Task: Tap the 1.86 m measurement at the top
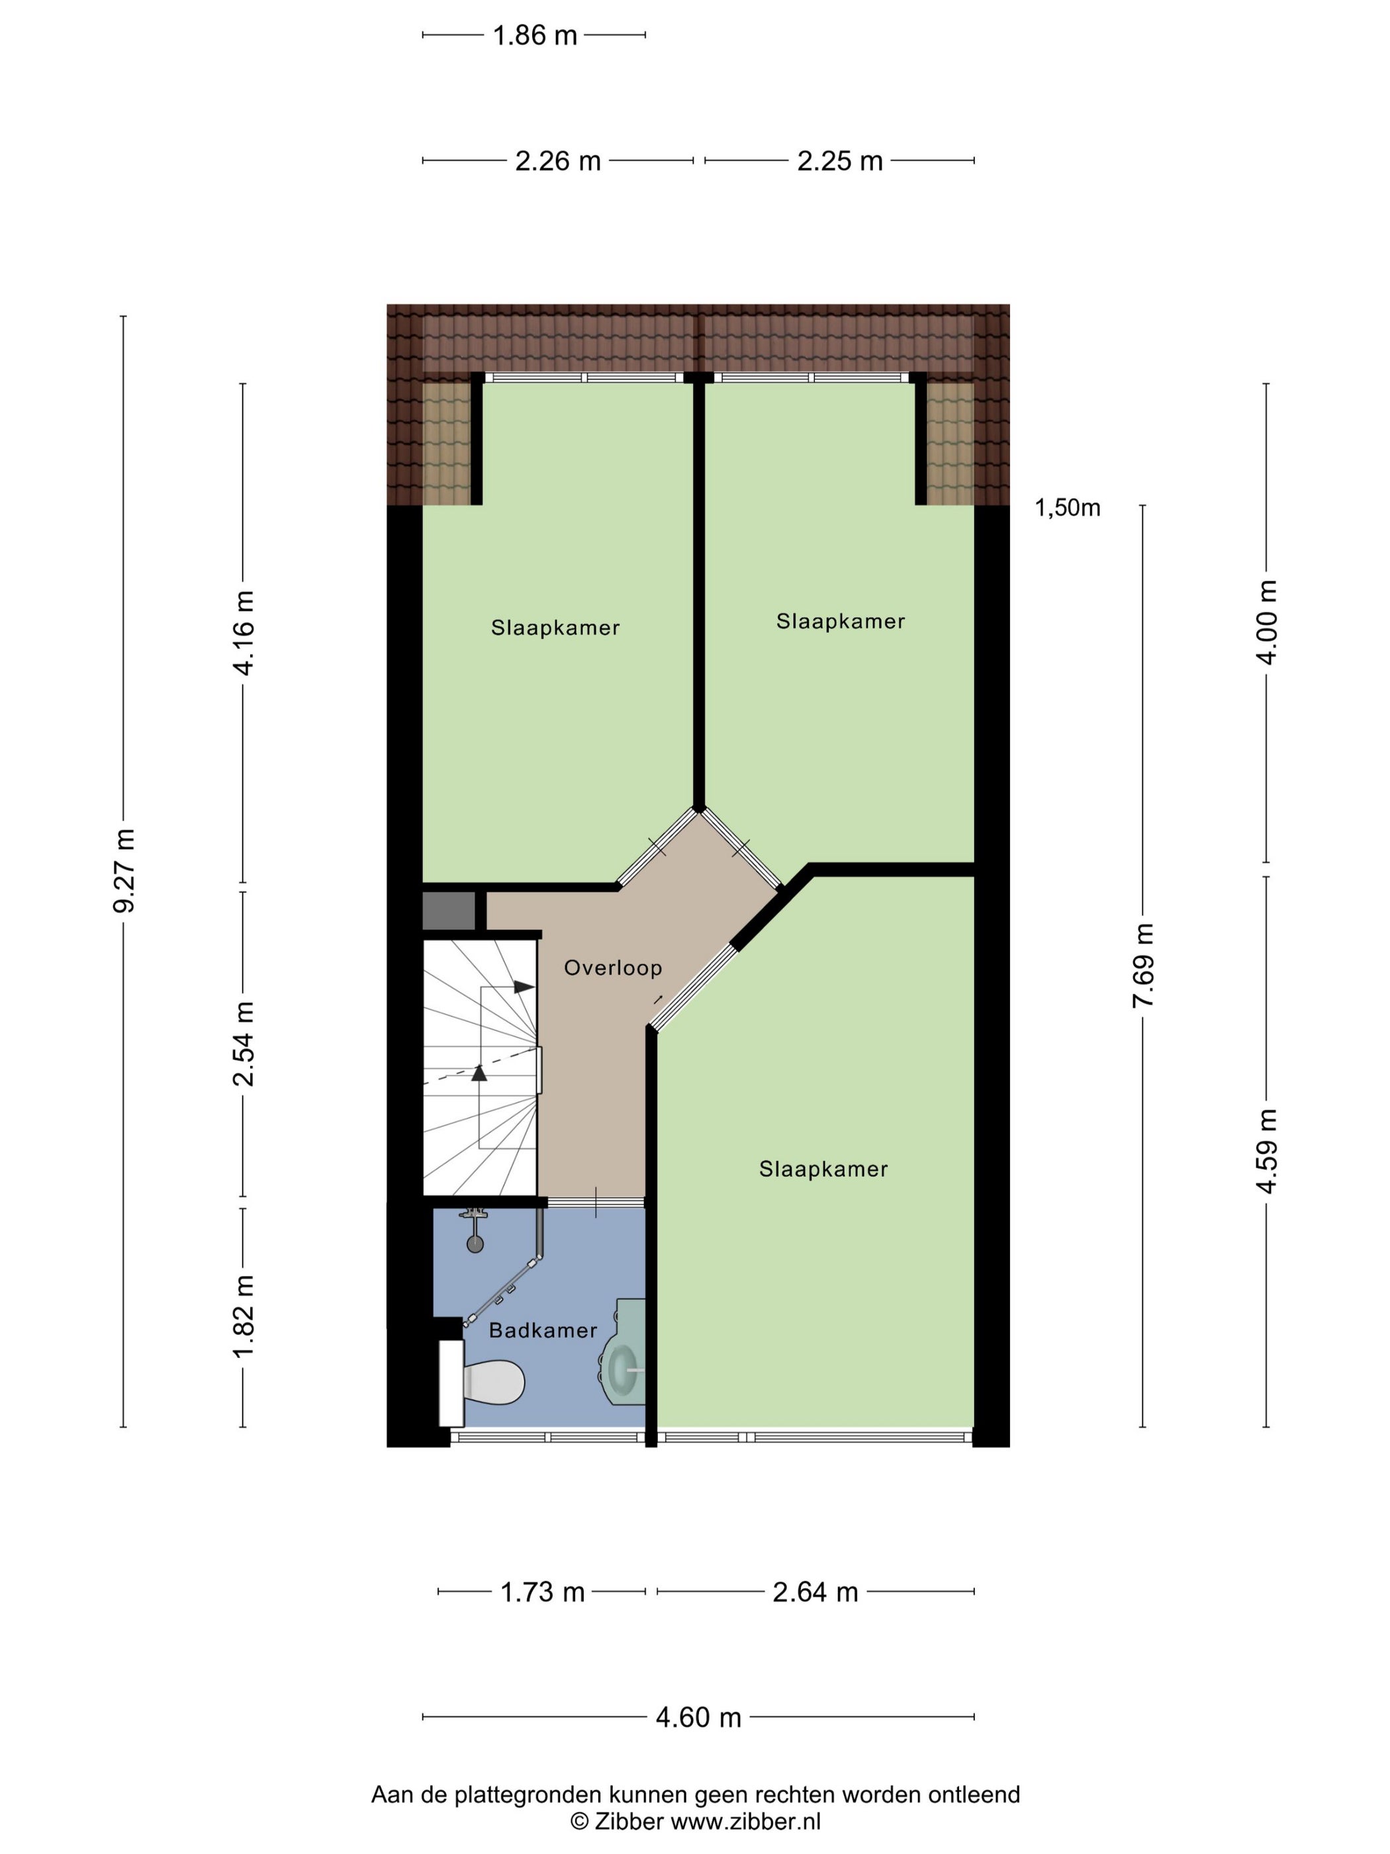tap(535, 35)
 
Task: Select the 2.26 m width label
tap(558, 160)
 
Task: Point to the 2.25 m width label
tap(839, 160)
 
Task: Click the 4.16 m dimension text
tap(244, 633)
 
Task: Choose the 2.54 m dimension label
tap(244, 1043)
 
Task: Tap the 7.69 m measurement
tap(1144, 965)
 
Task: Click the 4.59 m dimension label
tap(1267, 1151)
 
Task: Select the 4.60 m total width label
tap(698, 1718)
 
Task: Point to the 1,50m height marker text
tap(1068, 507)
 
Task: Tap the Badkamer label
tap(543, 1330)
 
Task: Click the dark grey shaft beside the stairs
tap(449, 911)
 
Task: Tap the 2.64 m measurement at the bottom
tap(815, 1592)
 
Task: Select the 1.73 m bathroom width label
tap(542, 1592)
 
